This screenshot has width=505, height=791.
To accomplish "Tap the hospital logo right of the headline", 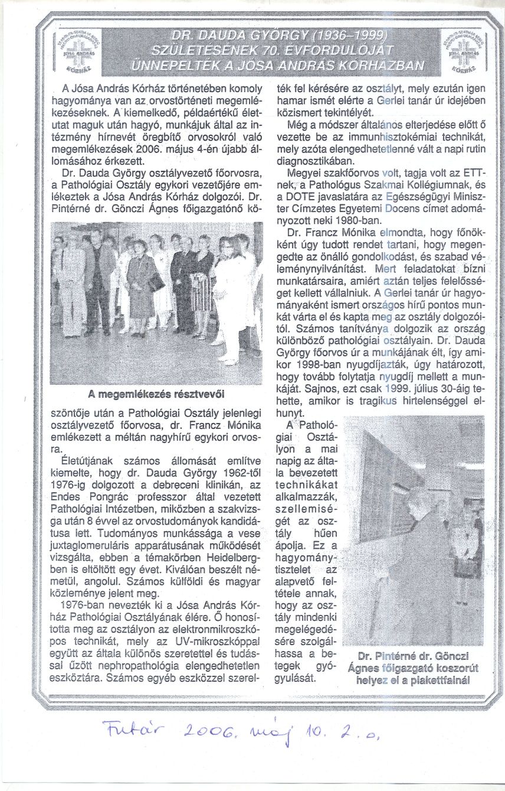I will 463,51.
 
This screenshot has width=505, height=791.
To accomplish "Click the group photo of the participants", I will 157,302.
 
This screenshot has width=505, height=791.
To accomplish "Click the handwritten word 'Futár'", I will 124,734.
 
